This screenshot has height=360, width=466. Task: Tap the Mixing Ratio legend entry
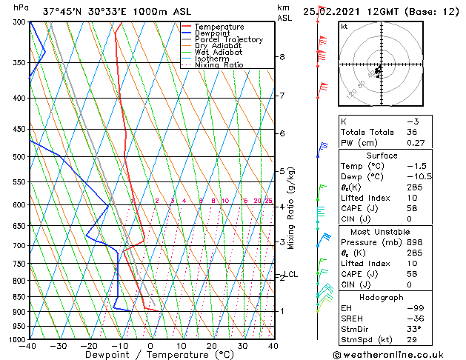point(219,66)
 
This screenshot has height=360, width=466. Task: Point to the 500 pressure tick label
point(19,157)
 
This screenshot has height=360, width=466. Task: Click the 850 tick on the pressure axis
point(19,296)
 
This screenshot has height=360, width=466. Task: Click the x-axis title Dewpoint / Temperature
point(150,356)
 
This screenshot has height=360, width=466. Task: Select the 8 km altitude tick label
point(282,57)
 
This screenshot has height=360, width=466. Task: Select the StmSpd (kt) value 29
point(413,329)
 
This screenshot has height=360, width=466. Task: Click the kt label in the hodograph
point(344,26)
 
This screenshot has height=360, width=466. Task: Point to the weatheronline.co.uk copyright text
point(399,353)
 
